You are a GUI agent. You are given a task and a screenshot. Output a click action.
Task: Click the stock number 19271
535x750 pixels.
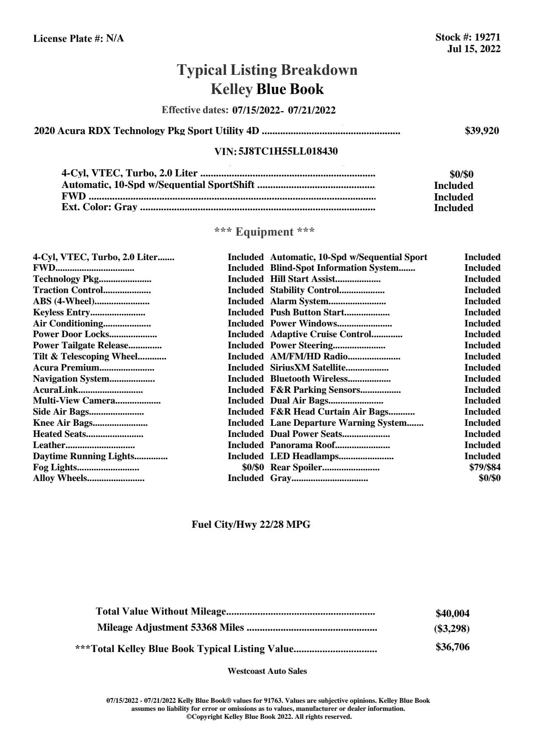point(487,37)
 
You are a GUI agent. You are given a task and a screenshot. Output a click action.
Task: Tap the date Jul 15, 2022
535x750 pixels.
point(474,49)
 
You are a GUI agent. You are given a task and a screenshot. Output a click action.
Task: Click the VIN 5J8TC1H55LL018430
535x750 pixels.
point(288,151)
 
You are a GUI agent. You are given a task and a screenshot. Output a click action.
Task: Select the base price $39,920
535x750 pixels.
point(482,131)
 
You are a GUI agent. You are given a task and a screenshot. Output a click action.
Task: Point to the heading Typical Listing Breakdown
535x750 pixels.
point(267,70)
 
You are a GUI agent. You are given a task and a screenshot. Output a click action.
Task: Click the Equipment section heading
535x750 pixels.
point(264,232)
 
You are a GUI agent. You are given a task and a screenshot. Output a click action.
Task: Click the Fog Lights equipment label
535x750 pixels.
point(55,467)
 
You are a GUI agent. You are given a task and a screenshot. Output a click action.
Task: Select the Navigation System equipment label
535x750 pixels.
point(71,379)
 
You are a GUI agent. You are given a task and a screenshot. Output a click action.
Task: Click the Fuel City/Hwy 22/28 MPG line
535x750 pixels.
point(251,525)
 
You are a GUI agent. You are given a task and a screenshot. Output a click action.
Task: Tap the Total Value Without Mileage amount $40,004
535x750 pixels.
point(452,613)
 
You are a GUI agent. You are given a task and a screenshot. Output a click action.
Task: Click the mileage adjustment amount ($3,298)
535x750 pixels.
point(452,628)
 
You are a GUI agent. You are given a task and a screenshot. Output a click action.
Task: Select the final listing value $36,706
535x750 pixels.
point(452,647)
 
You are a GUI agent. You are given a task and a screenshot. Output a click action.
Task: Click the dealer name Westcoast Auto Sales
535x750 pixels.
point(267,671)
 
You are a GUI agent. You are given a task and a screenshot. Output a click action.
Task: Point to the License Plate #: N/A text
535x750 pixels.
point(78,39)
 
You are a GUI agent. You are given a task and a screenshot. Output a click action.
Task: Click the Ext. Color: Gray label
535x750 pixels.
point(99,207)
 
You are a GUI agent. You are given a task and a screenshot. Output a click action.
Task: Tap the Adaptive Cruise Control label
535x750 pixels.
point(321,334)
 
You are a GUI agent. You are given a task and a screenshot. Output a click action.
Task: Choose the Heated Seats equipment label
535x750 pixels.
point(60,434)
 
